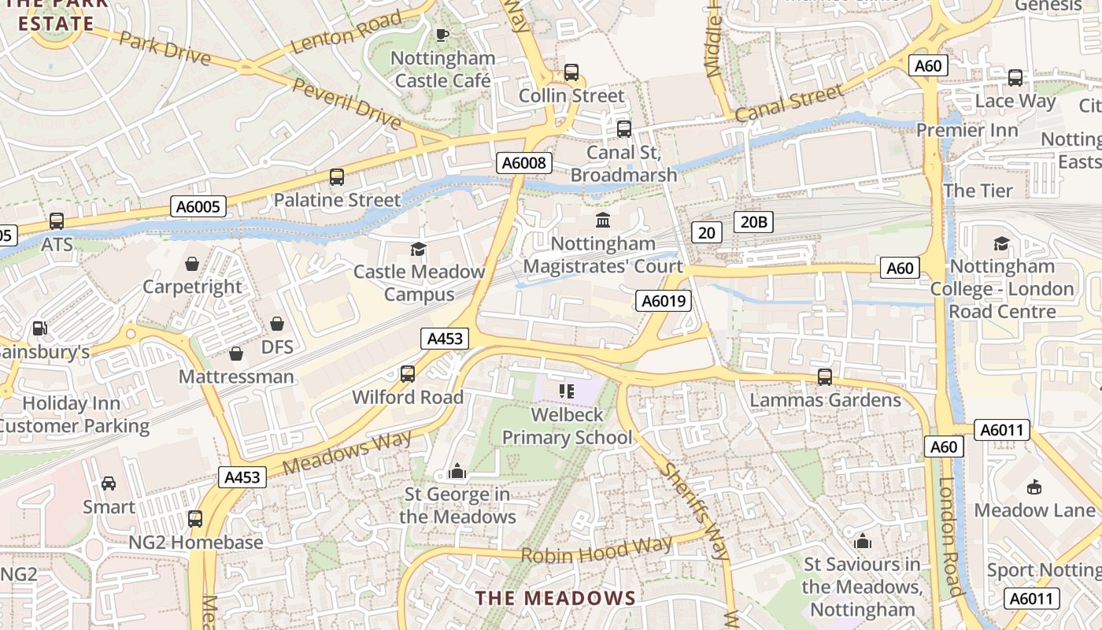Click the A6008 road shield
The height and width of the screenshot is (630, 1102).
click(x=524, y=163)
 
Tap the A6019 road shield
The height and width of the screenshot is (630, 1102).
click(x=664, y=300)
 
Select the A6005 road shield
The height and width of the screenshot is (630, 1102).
click(x=198, y=207)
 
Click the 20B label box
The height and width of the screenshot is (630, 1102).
click(x=753, y=222)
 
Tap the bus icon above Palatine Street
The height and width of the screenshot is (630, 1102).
click(x=337, y=177)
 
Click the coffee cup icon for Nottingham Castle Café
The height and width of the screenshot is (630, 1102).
click(x=442, y=35)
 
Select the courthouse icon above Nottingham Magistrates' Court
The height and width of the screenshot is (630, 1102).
click(x=603, y=220)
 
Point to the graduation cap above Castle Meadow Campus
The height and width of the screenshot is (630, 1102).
click(x=418, y=249)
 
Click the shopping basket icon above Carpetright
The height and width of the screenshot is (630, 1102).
click(x=191, y=263)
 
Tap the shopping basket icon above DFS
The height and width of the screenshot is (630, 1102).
click(x=277, y=324)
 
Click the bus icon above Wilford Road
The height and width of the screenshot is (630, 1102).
click(x=408, y=374)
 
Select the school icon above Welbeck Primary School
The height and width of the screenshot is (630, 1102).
click(x=567, y=391)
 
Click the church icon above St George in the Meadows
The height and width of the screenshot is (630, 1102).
click(x=457, y=472)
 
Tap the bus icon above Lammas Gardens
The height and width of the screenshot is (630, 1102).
click(x=824, y=376)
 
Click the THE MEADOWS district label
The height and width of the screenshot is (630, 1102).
click(x=555, y=598)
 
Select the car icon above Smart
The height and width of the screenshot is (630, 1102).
click(x=109, y=483)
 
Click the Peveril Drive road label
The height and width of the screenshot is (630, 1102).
click(x=346, y=102)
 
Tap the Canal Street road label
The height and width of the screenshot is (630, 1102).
click(x=789, y=103)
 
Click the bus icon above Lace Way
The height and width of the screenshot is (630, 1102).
click(x=1015, y=78)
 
